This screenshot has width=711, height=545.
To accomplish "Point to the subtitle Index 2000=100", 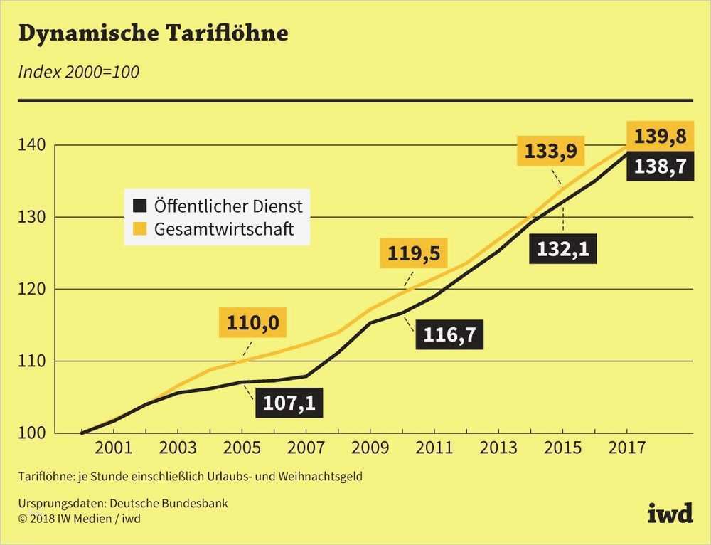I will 78,72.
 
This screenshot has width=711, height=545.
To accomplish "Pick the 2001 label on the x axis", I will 114,448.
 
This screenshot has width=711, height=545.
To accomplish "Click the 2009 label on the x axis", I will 370,448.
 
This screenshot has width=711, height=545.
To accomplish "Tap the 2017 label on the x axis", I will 627,448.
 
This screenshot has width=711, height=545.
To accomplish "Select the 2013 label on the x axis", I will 498,448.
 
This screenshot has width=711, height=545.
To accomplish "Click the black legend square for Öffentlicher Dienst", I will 141,206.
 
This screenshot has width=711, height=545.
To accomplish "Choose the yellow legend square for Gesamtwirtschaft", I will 141,229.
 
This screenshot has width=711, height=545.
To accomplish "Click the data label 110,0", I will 252,324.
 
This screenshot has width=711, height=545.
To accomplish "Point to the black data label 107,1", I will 289,403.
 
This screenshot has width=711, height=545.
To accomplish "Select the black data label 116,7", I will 449,334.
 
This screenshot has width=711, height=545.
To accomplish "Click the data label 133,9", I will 550,151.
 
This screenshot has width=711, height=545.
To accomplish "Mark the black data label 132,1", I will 563,248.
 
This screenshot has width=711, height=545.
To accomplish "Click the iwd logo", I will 670,513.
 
